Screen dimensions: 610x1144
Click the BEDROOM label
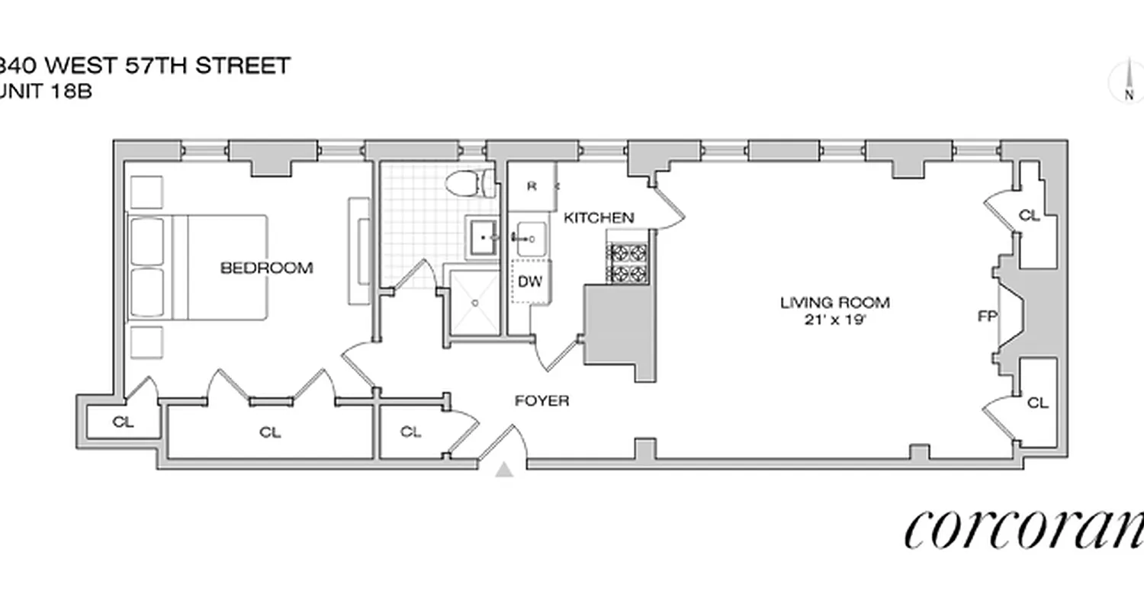click(x=266, y=268)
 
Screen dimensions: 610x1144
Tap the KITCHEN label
click(x=598, y=217)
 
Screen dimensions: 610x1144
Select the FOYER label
click(x=541, y=400)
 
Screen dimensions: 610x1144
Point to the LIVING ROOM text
click(x=834, y=302)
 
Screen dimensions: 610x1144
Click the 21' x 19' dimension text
click(x=834, y=320)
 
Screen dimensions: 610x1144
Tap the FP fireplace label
click(x=988, y=316)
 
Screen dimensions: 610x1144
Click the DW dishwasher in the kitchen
click(x=530, y=281)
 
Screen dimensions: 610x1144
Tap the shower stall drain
click(x=474, y=303)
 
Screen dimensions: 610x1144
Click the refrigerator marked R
click(x=532, y=185)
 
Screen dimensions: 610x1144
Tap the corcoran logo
click(x=1022, y=528)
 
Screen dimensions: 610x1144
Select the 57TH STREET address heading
click(x=145, y=66)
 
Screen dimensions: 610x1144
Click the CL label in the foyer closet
click(x=410, y=432)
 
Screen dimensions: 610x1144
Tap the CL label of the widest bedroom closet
click(x=270, y=432)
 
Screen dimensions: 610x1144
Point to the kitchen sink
click(x=531, y=238)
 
